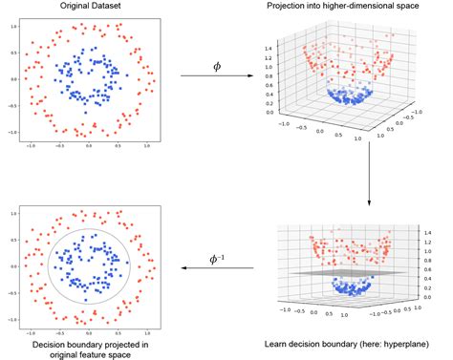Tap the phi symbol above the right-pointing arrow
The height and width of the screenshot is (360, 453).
point(217,67)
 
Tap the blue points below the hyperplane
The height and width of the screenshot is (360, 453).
point(357,286)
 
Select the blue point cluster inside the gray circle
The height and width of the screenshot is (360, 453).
point(89,264)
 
